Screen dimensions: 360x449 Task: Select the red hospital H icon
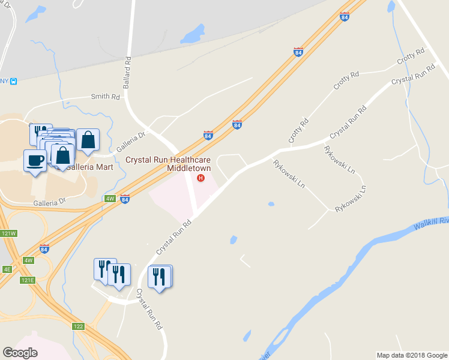(200, 178)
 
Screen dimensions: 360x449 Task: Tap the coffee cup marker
(34, 160)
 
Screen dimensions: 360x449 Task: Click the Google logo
(20, 353)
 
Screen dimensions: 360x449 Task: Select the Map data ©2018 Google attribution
(412, 355)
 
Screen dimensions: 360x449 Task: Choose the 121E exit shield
(28, 280)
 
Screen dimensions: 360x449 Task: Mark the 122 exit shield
(78, 326)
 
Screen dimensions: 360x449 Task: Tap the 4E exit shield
(7, 269)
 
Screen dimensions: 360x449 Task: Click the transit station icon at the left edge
(13, 81)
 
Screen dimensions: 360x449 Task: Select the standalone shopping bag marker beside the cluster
(88, 140)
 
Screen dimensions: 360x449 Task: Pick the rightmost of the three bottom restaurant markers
(160, 277)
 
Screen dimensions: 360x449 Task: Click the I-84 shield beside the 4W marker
(124, 199)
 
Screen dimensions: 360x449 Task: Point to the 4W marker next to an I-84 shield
(110, 198)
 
